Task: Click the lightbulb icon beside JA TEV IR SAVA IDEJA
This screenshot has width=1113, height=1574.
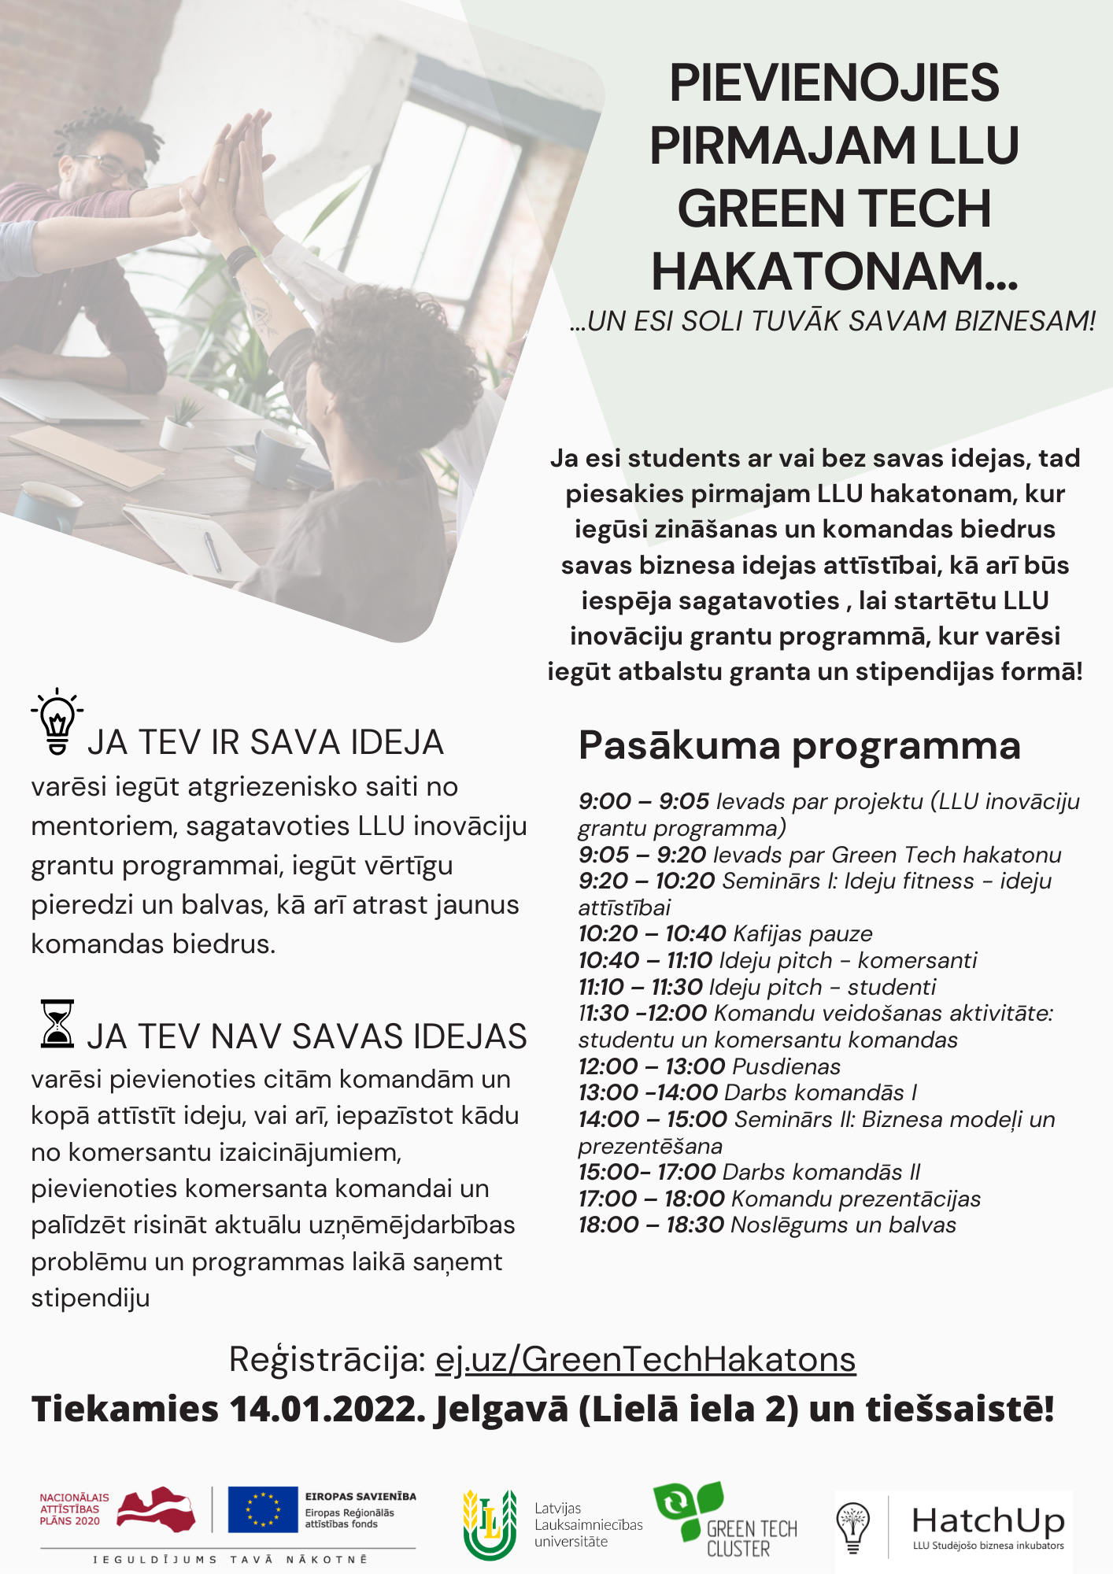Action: (x=57, y=722)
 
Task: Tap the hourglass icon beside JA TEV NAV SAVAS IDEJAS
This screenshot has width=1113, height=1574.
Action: (x=57, y=1023)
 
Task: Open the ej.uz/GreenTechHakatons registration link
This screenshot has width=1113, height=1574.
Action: (x=645, y=1359)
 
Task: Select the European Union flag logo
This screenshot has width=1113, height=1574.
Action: (x=262, y=1509)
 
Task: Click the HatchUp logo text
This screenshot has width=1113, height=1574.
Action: (x=988, y=1520)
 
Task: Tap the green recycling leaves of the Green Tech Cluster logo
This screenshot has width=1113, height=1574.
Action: (x=687, y=1505)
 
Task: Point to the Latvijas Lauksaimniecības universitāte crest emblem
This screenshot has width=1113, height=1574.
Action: (x=490, y=1524)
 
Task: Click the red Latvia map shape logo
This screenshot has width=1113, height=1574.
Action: (x=156, y=1508)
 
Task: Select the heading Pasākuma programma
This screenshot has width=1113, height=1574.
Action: (x=799, y=745)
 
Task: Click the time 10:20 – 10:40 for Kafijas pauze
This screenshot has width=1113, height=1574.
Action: (x=652, y=934)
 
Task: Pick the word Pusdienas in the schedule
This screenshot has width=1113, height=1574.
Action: (x=786, y=1066)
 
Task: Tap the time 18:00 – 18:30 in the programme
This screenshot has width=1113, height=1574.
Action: (x=651, y=1225)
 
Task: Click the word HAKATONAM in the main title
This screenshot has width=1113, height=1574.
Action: (x=834, y=272)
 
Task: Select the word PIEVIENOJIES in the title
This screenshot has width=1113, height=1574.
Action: (x=834, y=83)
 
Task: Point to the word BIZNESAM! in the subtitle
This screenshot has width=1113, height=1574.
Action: (x=1025, y=322)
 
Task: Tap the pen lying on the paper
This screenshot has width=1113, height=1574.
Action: (x=213, y=550)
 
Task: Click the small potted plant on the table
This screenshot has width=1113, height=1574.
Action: (x=181, y=425)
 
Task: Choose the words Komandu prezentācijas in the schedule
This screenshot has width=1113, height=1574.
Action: (x=856, y=1199)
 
